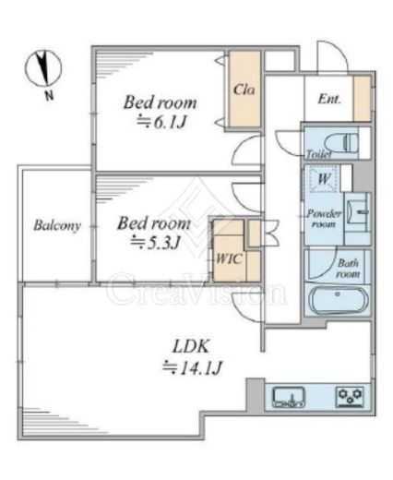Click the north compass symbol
[x=43, y=68]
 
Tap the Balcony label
[x=57, y=225]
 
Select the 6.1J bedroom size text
[x=161, y=123]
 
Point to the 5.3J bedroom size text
[x=155, y=243]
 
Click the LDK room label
[x=191, y=346]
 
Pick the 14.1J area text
[x=192, y=367]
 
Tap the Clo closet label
[x=244, y=90]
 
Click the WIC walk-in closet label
[x=229, y=258]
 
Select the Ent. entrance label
[x=329, y=99]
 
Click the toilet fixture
[x=341, y=143]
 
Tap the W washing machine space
[x=324, y=178]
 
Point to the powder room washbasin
[x=357, y=212]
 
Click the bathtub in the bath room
[x=338, y=300]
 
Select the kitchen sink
[x=289, y=397]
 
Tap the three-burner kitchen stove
[x=350, y=397]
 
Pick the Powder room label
[x=324, y=219]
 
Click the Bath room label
[x=348, y=269]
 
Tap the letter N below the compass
[x=49, y=96]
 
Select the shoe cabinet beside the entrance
[x=362, y=99]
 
